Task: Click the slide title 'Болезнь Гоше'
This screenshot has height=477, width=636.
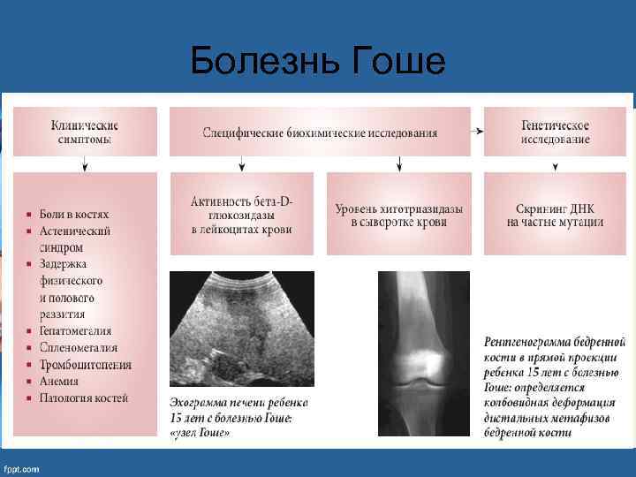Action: pos(317,61)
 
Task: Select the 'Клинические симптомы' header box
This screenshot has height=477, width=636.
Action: pos(85,132)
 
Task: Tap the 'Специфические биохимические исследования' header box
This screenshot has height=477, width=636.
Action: pos(320,132)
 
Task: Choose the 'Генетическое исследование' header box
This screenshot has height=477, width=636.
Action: pos(555,132)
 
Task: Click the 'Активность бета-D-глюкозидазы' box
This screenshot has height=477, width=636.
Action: pos(241,215)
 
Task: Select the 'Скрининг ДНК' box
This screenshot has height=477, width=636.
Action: pos(555,215)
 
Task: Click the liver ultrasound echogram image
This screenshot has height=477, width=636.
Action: pos(241,326)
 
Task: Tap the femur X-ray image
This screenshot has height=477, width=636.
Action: pos(423,353)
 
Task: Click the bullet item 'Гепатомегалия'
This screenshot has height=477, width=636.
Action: pos(75,331)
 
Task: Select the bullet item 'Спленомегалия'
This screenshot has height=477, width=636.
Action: pos(78,348)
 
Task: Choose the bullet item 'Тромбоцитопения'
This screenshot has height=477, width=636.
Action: pos(85,365)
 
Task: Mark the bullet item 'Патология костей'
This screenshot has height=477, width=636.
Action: pos(83,398)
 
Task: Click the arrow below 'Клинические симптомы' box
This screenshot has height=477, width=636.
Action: pos(84,163)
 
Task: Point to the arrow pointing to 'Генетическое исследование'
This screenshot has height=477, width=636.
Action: pos(478,131)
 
